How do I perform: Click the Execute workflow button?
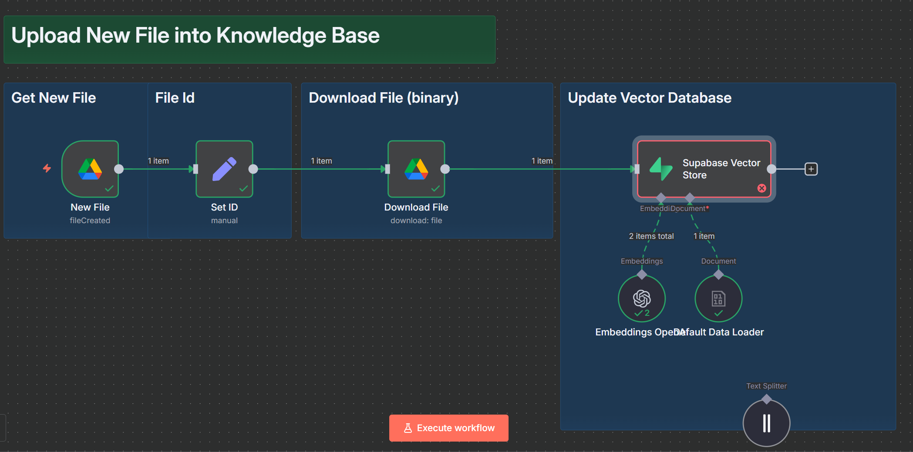pos(448,428)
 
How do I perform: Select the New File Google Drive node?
pos(90,169)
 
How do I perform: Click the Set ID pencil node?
pos(224,169)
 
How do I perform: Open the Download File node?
pos(416,169)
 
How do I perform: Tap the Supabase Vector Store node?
pos(704,169)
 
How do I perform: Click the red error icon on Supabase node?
pos(761,188)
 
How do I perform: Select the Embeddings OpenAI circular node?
pos(642,298)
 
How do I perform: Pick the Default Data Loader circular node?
pos(718,298)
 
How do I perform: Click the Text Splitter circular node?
pos(766,423)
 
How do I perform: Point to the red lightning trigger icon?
pos(47,168)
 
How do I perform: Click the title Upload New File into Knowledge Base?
pos(195,36)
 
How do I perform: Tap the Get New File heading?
pos(54,98)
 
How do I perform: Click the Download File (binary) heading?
pos(384,98)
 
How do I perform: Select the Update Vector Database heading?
pos(650,98)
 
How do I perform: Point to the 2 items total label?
pos(651,236)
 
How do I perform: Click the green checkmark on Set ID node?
pos(243,188)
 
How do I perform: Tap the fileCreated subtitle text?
pos(90,221)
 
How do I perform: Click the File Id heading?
pos(175,98)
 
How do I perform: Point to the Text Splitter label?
pos(766,386)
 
